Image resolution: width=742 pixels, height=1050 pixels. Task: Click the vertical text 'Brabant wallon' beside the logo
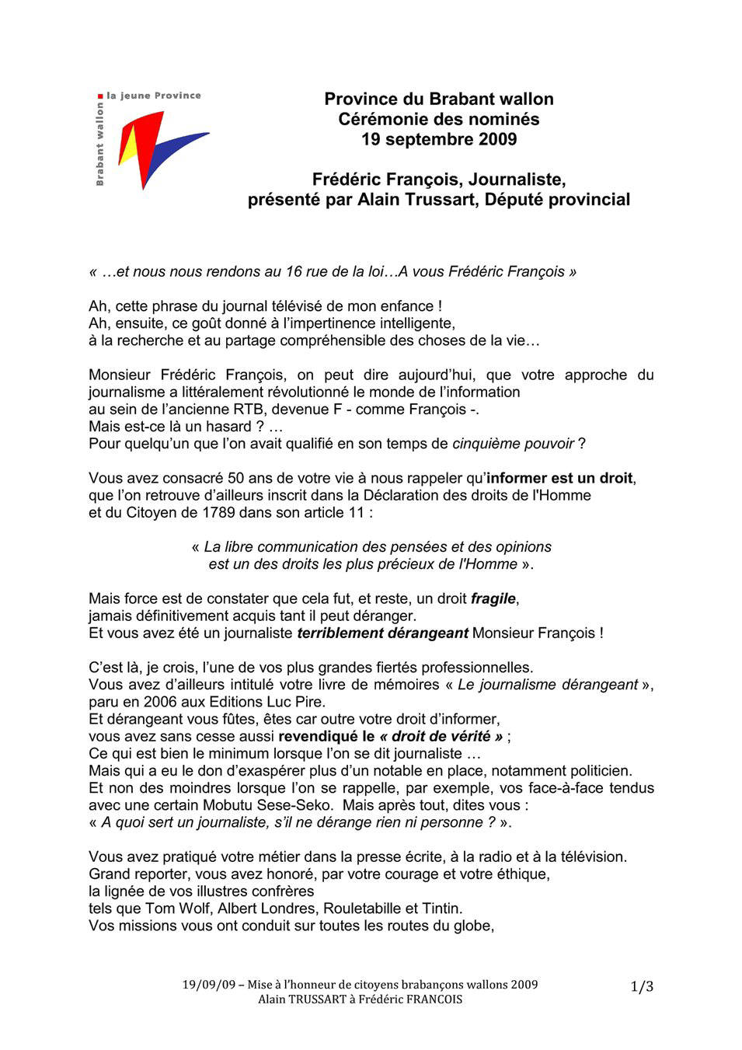[x=99, y=145]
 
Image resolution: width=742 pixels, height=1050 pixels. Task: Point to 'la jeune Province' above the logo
[x=154, y=96]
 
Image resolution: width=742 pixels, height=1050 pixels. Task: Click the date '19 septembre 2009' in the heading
[x=439, y=139]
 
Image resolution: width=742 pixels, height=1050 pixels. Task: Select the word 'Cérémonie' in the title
[x=378, y=119]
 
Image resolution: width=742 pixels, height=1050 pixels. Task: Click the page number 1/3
[x=642, y=986]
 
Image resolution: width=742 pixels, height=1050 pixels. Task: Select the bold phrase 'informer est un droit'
[x=559, y=478]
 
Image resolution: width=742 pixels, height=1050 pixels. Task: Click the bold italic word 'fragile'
[x=493, y=598]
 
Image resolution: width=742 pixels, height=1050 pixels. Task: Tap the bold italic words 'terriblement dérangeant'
[x=382, y=633]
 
